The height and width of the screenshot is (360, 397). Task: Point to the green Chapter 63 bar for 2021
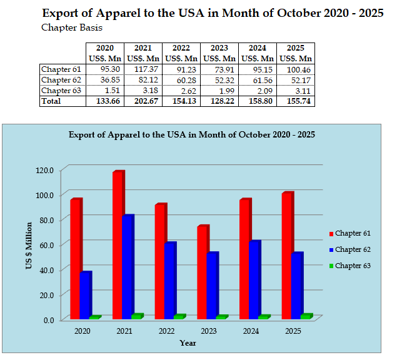136,316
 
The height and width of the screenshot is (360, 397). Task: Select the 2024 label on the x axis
251,331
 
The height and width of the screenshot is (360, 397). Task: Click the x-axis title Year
188,343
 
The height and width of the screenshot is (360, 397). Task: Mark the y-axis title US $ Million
29,245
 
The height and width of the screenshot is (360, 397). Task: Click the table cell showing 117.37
143,69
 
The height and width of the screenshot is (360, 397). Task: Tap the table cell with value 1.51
104,90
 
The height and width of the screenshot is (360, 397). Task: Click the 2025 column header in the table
296,48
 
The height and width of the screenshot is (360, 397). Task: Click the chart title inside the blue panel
191,134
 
